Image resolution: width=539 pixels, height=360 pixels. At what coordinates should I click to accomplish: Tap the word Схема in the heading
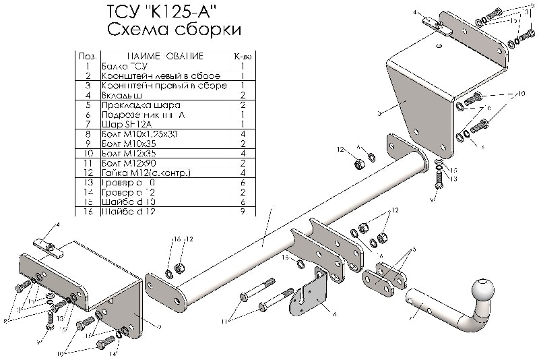(132, 31)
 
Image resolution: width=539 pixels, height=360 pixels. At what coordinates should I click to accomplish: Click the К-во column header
(241, 57)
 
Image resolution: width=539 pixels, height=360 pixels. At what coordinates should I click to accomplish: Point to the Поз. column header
(86, 57)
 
